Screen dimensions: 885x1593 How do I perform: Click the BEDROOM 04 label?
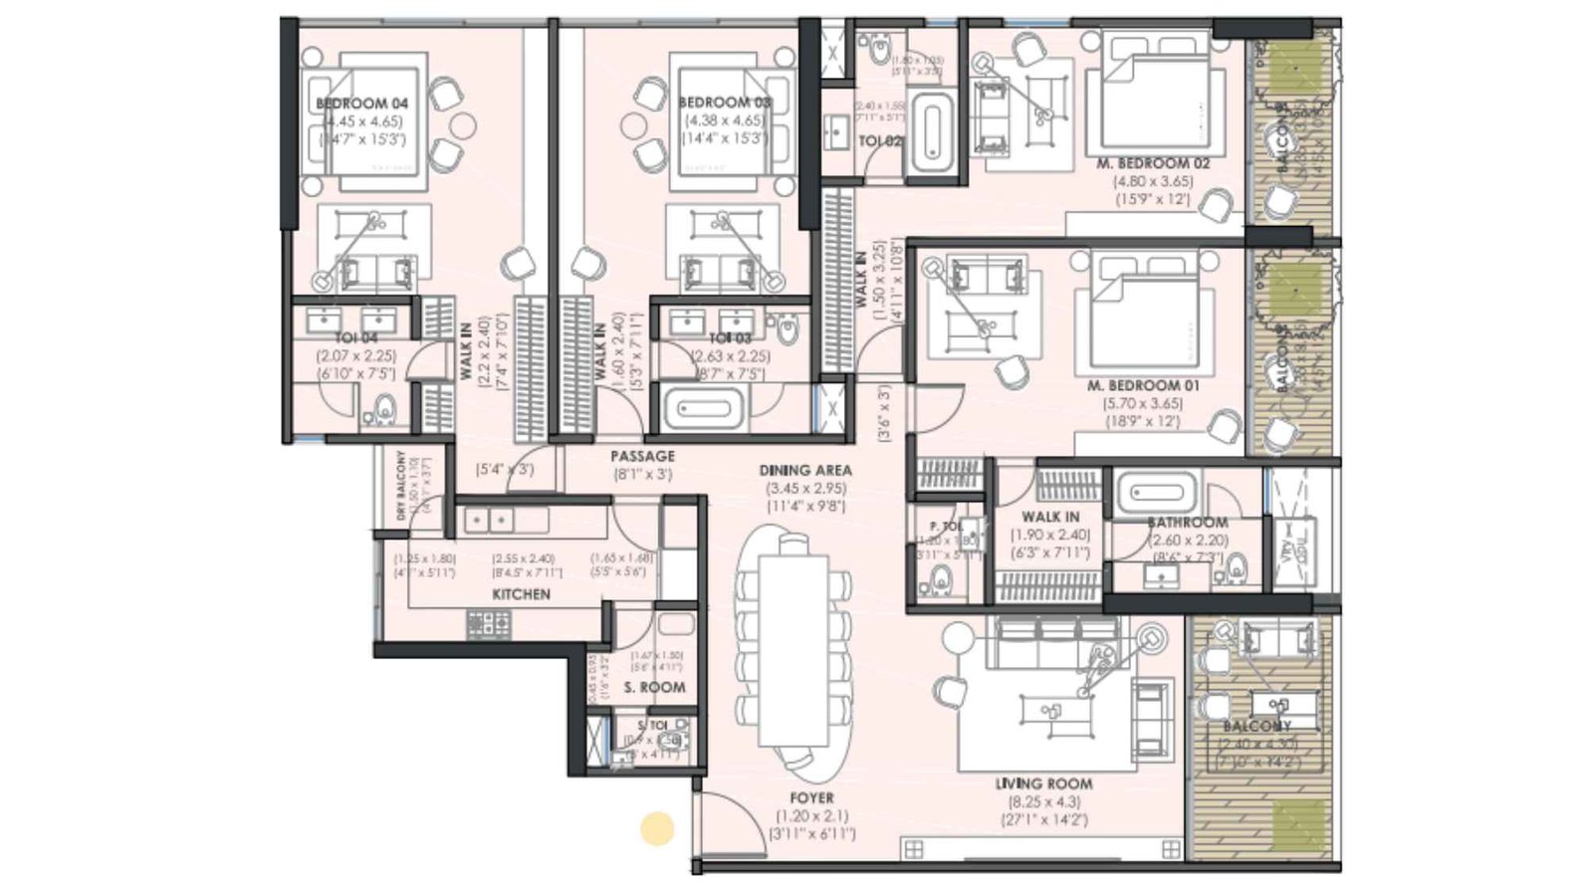coord(361,104)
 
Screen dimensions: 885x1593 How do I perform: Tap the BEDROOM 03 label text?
coord(725,103)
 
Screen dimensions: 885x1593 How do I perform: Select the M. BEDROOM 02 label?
coord(1153,163)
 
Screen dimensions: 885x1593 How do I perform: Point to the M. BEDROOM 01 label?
coord(1143,385)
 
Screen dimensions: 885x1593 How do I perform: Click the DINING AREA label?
coord(804,470)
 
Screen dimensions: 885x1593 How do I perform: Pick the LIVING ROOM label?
coord(1042,784)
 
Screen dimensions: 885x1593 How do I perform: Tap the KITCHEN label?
coord(521,594)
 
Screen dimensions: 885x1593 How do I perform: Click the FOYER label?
coord(811,798)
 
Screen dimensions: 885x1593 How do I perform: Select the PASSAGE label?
coord(642,456)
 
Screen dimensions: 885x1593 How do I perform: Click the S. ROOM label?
coord(654,688)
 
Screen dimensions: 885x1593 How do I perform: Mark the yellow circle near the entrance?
coord(656,828)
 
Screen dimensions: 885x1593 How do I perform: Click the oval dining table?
coord(794,657)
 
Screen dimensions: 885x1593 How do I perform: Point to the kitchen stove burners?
coord(489,625)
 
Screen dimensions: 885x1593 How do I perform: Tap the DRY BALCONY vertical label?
coord(401,485)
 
